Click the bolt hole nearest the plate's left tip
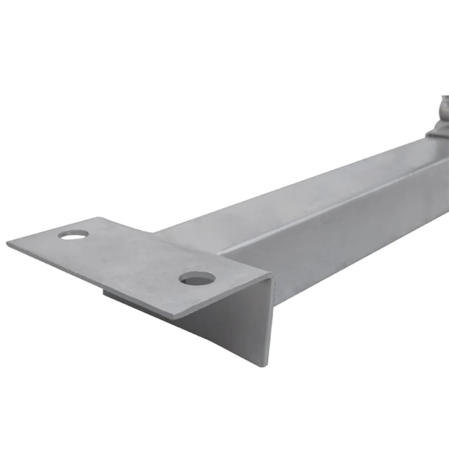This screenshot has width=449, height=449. tap(73, 234)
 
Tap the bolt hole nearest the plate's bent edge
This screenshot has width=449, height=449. tap(197, 278)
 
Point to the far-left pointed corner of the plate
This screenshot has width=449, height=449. tap(8, 243)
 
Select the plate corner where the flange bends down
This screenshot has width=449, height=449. tap(271, 275)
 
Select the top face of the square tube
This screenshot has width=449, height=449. tap(284, 199)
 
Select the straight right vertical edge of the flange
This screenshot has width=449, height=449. tap(270, 322)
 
